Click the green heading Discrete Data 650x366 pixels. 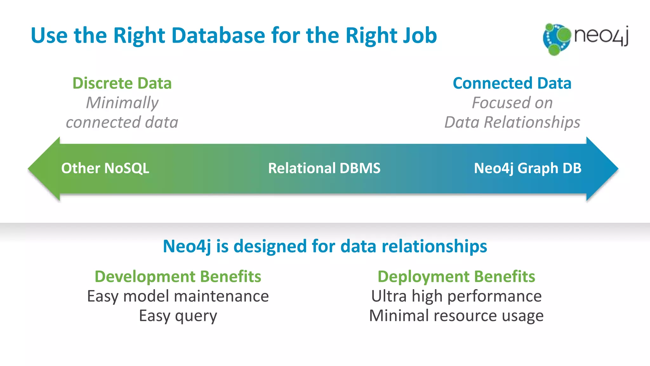click(x=122, y=83)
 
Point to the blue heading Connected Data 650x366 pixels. click(x=512, y=83)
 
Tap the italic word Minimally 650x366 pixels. click(x=122, y=103)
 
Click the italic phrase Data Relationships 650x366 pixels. click(x=512, y=122)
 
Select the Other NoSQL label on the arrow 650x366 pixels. click(x=105, y=168)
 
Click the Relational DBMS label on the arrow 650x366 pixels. click(x=324, y=168)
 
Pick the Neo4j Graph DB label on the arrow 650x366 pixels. click(x=527, y=168)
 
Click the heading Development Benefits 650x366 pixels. click(x=178, y=276)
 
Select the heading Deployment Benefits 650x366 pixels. click(x=456, y=276)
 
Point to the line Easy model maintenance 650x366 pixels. click(x=178, y=296)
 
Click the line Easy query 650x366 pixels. click(x=178, y=316)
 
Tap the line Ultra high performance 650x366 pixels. click(x=456, y=296)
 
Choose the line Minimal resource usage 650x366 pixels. click(x=456, y=316)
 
